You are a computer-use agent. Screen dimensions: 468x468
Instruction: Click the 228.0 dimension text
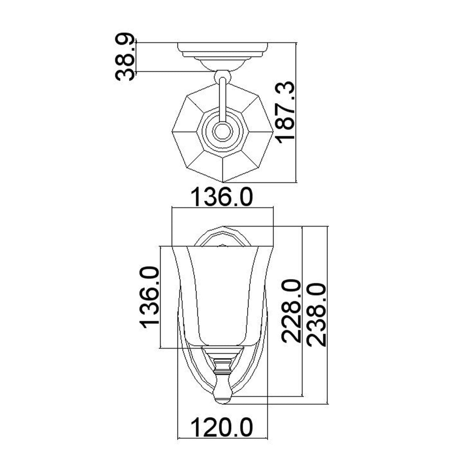(292, 310)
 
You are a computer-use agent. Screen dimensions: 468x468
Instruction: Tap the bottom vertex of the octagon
(223, 182)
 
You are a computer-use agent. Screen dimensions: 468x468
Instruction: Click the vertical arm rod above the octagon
(223, 97)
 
